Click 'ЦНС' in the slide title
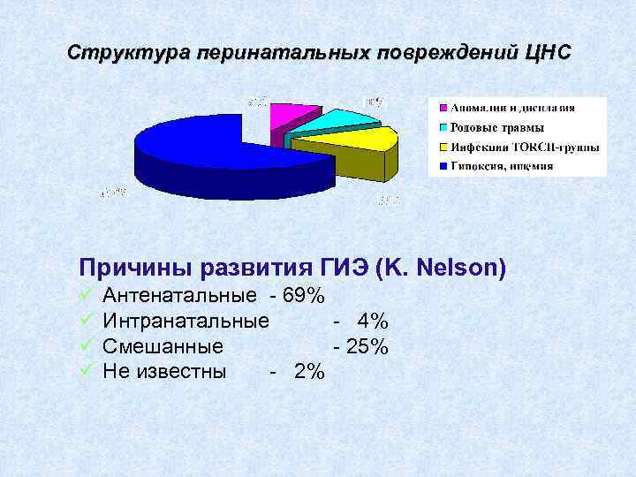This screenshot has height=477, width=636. pos(548,52)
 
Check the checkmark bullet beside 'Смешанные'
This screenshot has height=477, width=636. pos(86,345)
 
